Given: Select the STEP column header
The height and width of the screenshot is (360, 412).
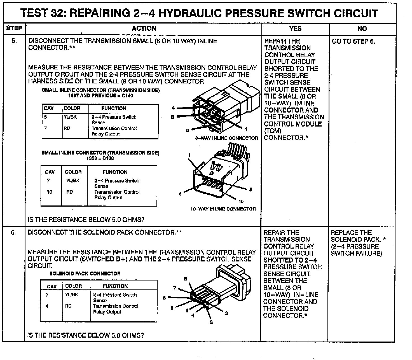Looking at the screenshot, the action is click(x=14, y=28).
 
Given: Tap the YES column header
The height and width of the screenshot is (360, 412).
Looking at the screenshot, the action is click(x=295, y=28).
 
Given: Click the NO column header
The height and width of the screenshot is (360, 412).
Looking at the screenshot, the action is click(x=362, y=29).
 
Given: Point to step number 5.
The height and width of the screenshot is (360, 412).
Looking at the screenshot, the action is click(x=14, y=41).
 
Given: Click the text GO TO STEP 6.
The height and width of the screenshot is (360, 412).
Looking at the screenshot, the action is click(x=353, y=41).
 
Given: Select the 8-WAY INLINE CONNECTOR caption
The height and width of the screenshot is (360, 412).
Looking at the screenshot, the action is click(x=226, y=138).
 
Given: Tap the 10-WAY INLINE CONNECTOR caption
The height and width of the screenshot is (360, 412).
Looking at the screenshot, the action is click(x=223, y=209).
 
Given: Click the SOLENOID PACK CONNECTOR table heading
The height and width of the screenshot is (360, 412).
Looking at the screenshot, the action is click(x=85, y=273).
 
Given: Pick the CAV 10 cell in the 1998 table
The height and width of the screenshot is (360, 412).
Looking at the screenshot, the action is click(x=50, y=192).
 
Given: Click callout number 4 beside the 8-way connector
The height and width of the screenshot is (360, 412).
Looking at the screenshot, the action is click(x=174, y=108).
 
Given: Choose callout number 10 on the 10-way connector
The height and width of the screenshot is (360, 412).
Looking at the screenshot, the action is click(x=241, y=201).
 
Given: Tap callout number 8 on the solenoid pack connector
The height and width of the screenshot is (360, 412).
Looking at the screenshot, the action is click(x=185, y=279).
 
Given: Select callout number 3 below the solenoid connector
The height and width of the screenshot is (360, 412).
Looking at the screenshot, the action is click(x=211, y=322).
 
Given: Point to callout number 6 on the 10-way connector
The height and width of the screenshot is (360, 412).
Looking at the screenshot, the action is click(x=180, y=194).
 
